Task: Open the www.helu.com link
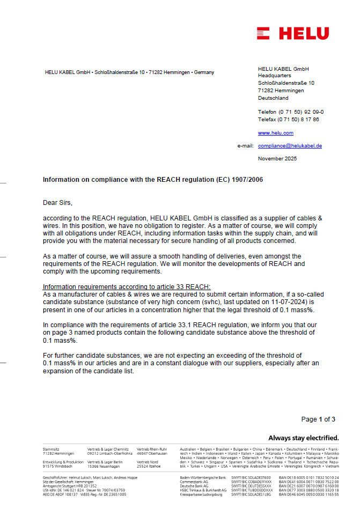click(275, 133)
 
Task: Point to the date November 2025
click(277, 159)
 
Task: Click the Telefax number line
click(288, 120)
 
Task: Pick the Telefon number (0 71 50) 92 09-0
click(291, 112)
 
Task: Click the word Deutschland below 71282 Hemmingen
click(273, 98)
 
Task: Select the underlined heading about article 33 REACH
click(127, 286)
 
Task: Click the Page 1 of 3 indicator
click(318, 419)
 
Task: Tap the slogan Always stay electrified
click(303, 438)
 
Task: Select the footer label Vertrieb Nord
click(148, 462)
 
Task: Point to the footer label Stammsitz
click(51, 448)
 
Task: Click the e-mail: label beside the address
click(245, 146)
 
